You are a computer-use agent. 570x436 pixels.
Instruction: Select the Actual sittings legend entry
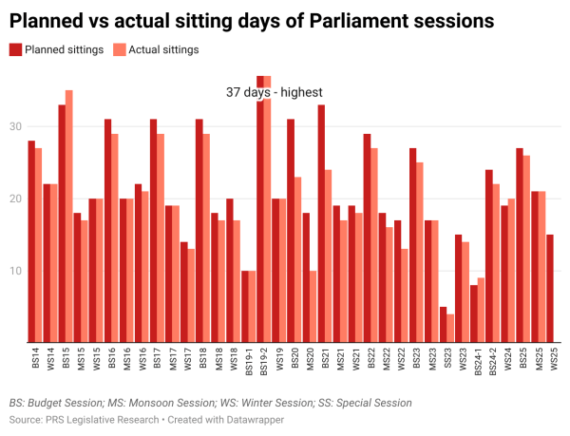[157, 50]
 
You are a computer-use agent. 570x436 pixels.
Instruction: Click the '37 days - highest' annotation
[275, 92]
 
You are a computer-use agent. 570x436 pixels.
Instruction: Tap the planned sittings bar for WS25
[550, 289]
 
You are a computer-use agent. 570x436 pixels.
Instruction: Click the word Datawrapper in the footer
[255, 419]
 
